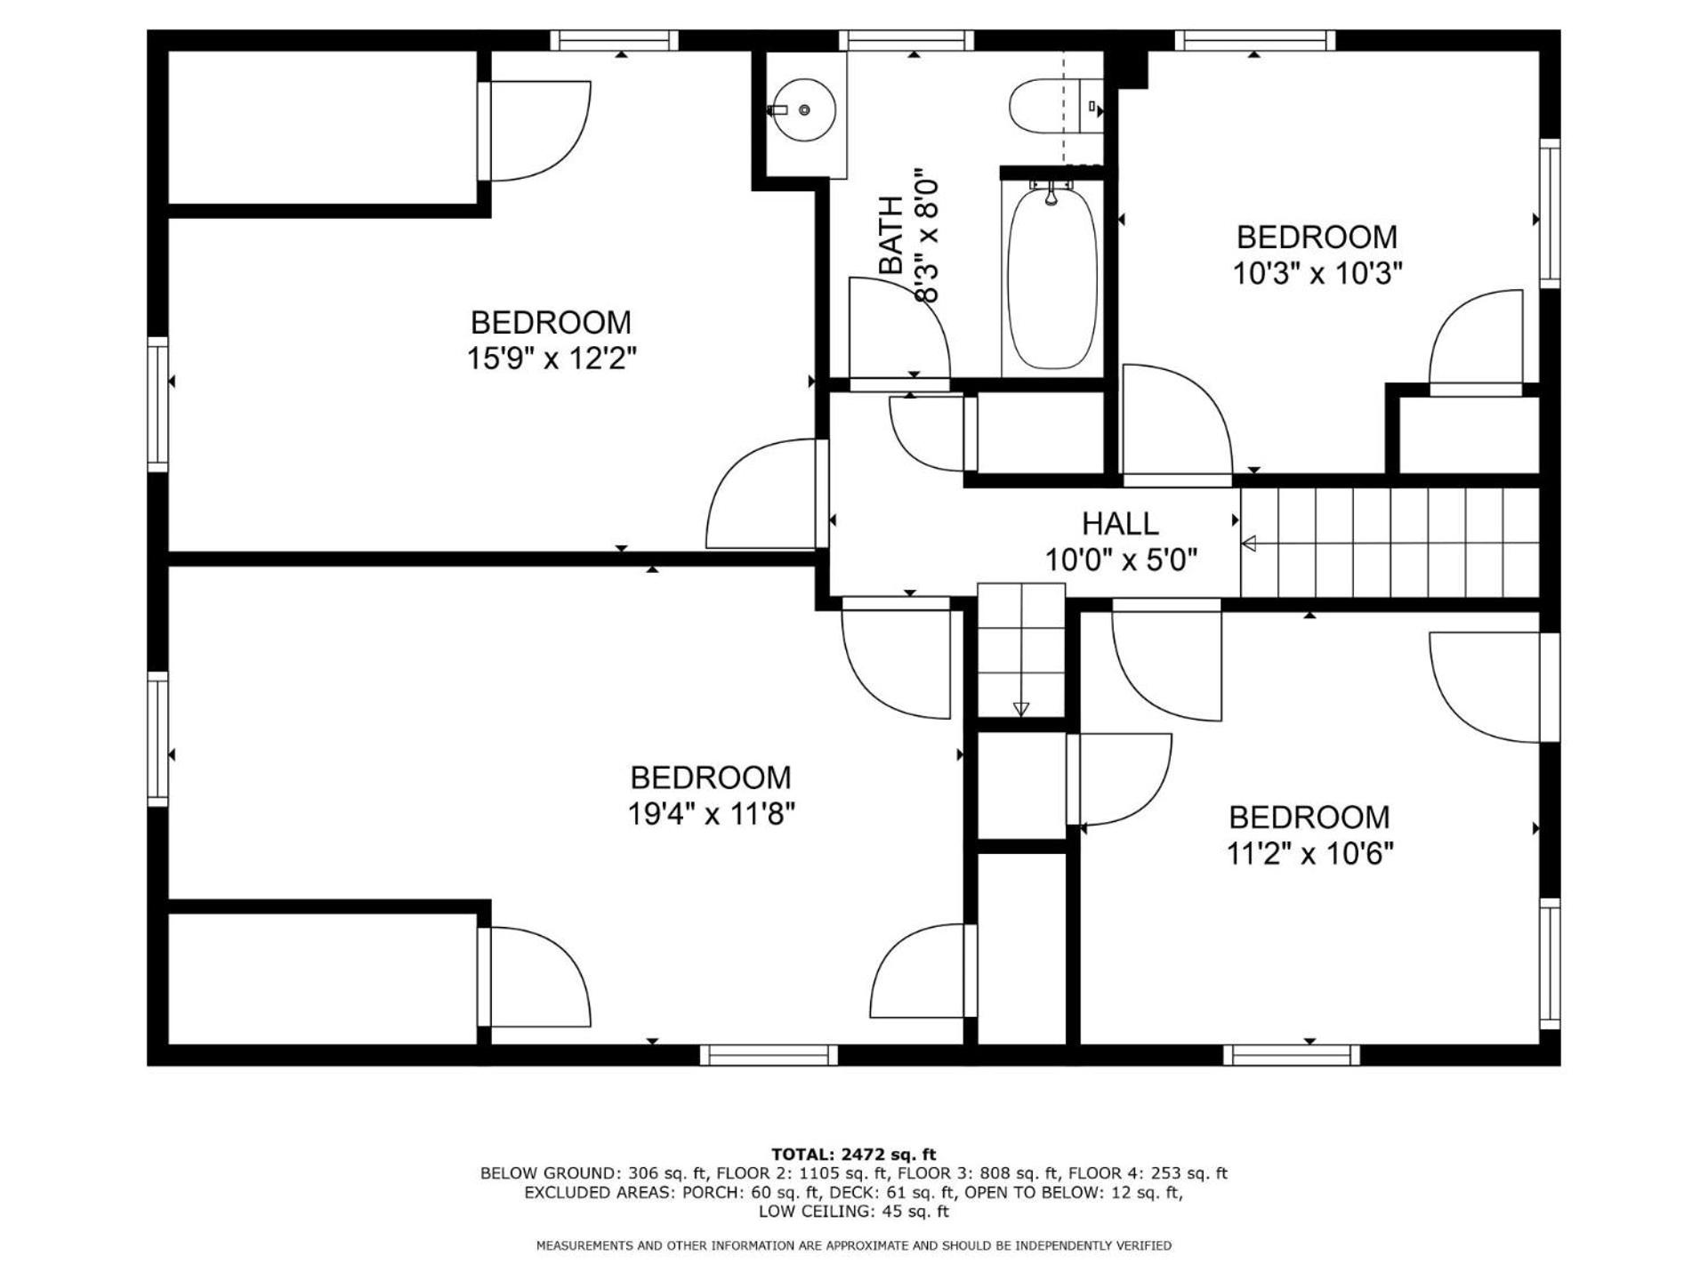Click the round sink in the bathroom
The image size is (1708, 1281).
802,109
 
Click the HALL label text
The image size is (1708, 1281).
1120,523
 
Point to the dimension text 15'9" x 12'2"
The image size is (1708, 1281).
552,359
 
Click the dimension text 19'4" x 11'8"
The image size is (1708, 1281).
711,814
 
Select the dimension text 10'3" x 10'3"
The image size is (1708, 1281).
1317,273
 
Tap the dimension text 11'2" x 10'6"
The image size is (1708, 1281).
1309,854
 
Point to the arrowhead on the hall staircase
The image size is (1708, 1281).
1249,544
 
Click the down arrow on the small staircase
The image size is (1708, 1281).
1021,709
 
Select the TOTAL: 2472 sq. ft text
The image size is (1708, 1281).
854,1155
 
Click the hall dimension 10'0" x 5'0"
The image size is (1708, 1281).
1121,560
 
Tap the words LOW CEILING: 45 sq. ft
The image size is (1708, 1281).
854,1212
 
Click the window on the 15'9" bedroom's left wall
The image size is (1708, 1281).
157,405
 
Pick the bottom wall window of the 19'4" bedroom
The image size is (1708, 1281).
769,1055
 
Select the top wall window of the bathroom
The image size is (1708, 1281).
906,40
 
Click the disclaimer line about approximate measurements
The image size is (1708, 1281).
854,1245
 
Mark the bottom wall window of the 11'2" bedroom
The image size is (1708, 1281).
1292,1055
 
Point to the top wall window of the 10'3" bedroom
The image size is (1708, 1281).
1255,40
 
